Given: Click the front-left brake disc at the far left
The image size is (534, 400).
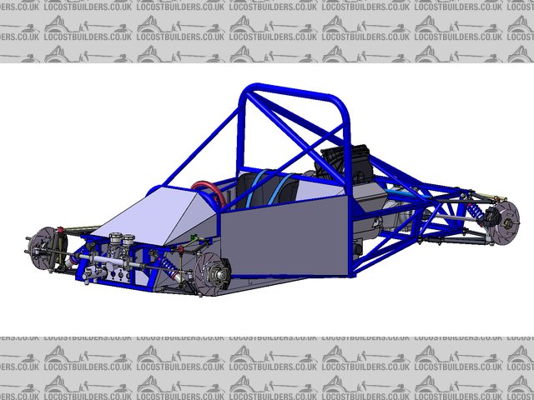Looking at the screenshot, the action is coord(42,247).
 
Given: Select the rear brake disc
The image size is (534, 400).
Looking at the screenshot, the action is coord(505,222).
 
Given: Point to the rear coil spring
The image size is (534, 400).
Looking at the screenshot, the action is coord(474,212).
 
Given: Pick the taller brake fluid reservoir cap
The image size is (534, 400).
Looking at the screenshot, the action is coord(116,237).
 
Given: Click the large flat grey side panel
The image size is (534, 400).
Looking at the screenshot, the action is coord(285,236).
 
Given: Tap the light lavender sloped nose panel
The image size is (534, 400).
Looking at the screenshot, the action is coord(154,215).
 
